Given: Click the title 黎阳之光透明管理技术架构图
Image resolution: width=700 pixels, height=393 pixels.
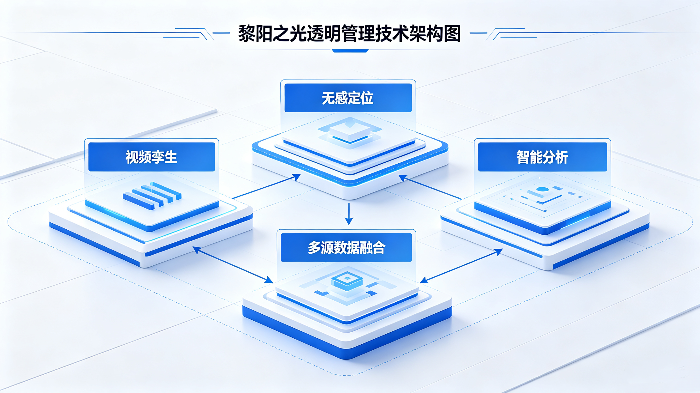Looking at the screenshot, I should pos(349,34).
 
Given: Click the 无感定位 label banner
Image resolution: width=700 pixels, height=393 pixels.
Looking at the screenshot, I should pos(348,98).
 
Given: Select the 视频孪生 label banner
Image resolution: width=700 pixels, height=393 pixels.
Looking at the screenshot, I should pos(151,157).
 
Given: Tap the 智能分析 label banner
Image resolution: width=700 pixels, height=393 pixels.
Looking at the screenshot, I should pos(542,157).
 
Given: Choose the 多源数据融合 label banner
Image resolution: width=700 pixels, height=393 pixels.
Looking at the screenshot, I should pos(346,247).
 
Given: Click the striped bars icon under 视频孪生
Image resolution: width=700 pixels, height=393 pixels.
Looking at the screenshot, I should pos(152,195).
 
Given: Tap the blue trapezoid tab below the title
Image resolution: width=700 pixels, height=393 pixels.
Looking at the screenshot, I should pos(350,51).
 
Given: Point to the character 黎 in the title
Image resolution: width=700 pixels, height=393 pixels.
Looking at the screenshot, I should pos(247,34).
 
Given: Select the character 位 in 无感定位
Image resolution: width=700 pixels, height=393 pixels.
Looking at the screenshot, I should pos(367,98).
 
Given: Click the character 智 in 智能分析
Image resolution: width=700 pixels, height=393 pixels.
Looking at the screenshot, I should pos(523,157).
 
